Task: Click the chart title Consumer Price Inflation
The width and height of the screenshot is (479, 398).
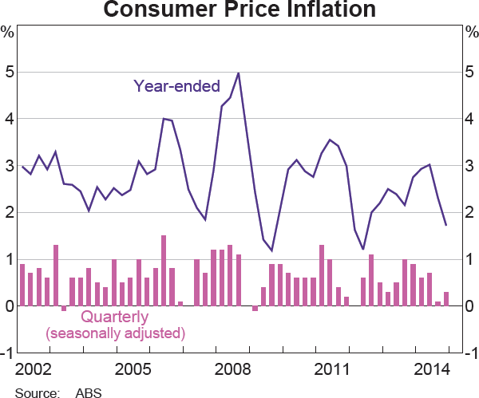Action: tap(239, 10)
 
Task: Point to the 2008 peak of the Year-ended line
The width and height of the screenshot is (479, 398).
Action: tap(239, 73)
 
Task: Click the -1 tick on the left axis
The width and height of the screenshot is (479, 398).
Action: tap(6, 353)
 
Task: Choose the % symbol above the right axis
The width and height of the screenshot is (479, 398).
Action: tap(471, 33)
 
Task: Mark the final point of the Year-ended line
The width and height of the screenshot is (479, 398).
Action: tap(445, 225)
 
